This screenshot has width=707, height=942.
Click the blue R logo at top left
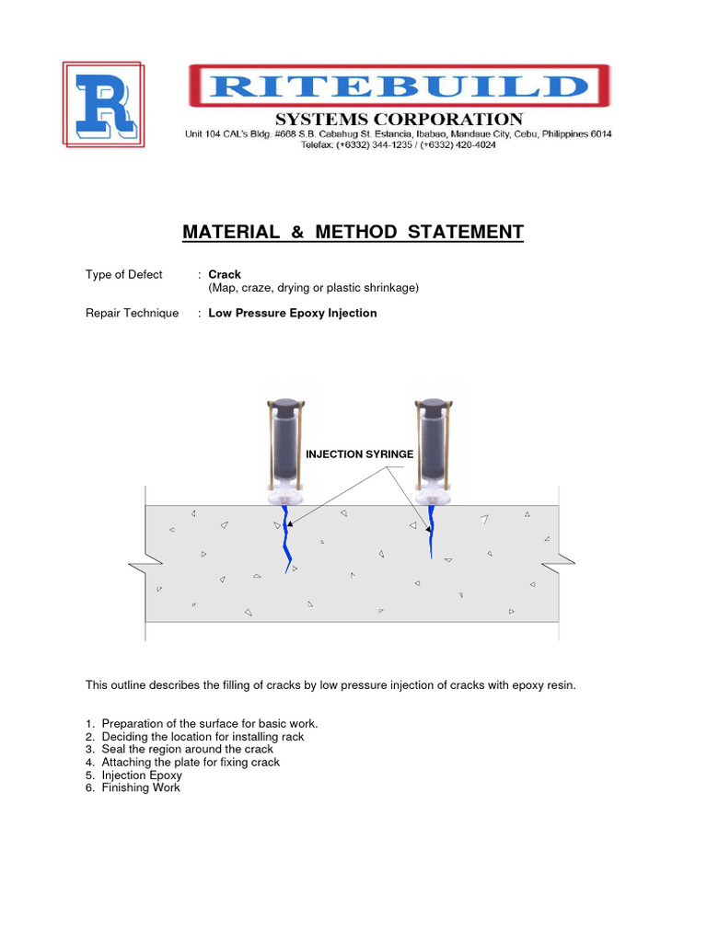(x=102, y=103)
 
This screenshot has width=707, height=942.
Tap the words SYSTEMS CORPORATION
(x=400, y=120)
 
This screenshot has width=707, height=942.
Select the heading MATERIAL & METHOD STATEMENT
(x=353, y=232)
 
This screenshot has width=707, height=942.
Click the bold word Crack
(x=225, y=274)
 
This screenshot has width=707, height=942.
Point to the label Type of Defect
(x=124, y=274)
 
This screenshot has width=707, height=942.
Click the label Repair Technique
(x=132, y=313)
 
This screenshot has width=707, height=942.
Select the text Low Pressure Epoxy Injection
(x=293, y=313)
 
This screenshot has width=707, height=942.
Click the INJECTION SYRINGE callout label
(x=360, y=454)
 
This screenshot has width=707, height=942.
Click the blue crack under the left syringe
(x=288, y=538)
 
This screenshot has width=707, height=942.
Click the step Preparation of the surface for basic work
(x=209, y=723)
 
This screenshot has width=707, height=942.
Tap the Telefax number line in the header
(x=399, y=145)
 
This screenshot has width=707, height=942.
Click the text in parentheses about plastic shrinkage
(x=313, y=287)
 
